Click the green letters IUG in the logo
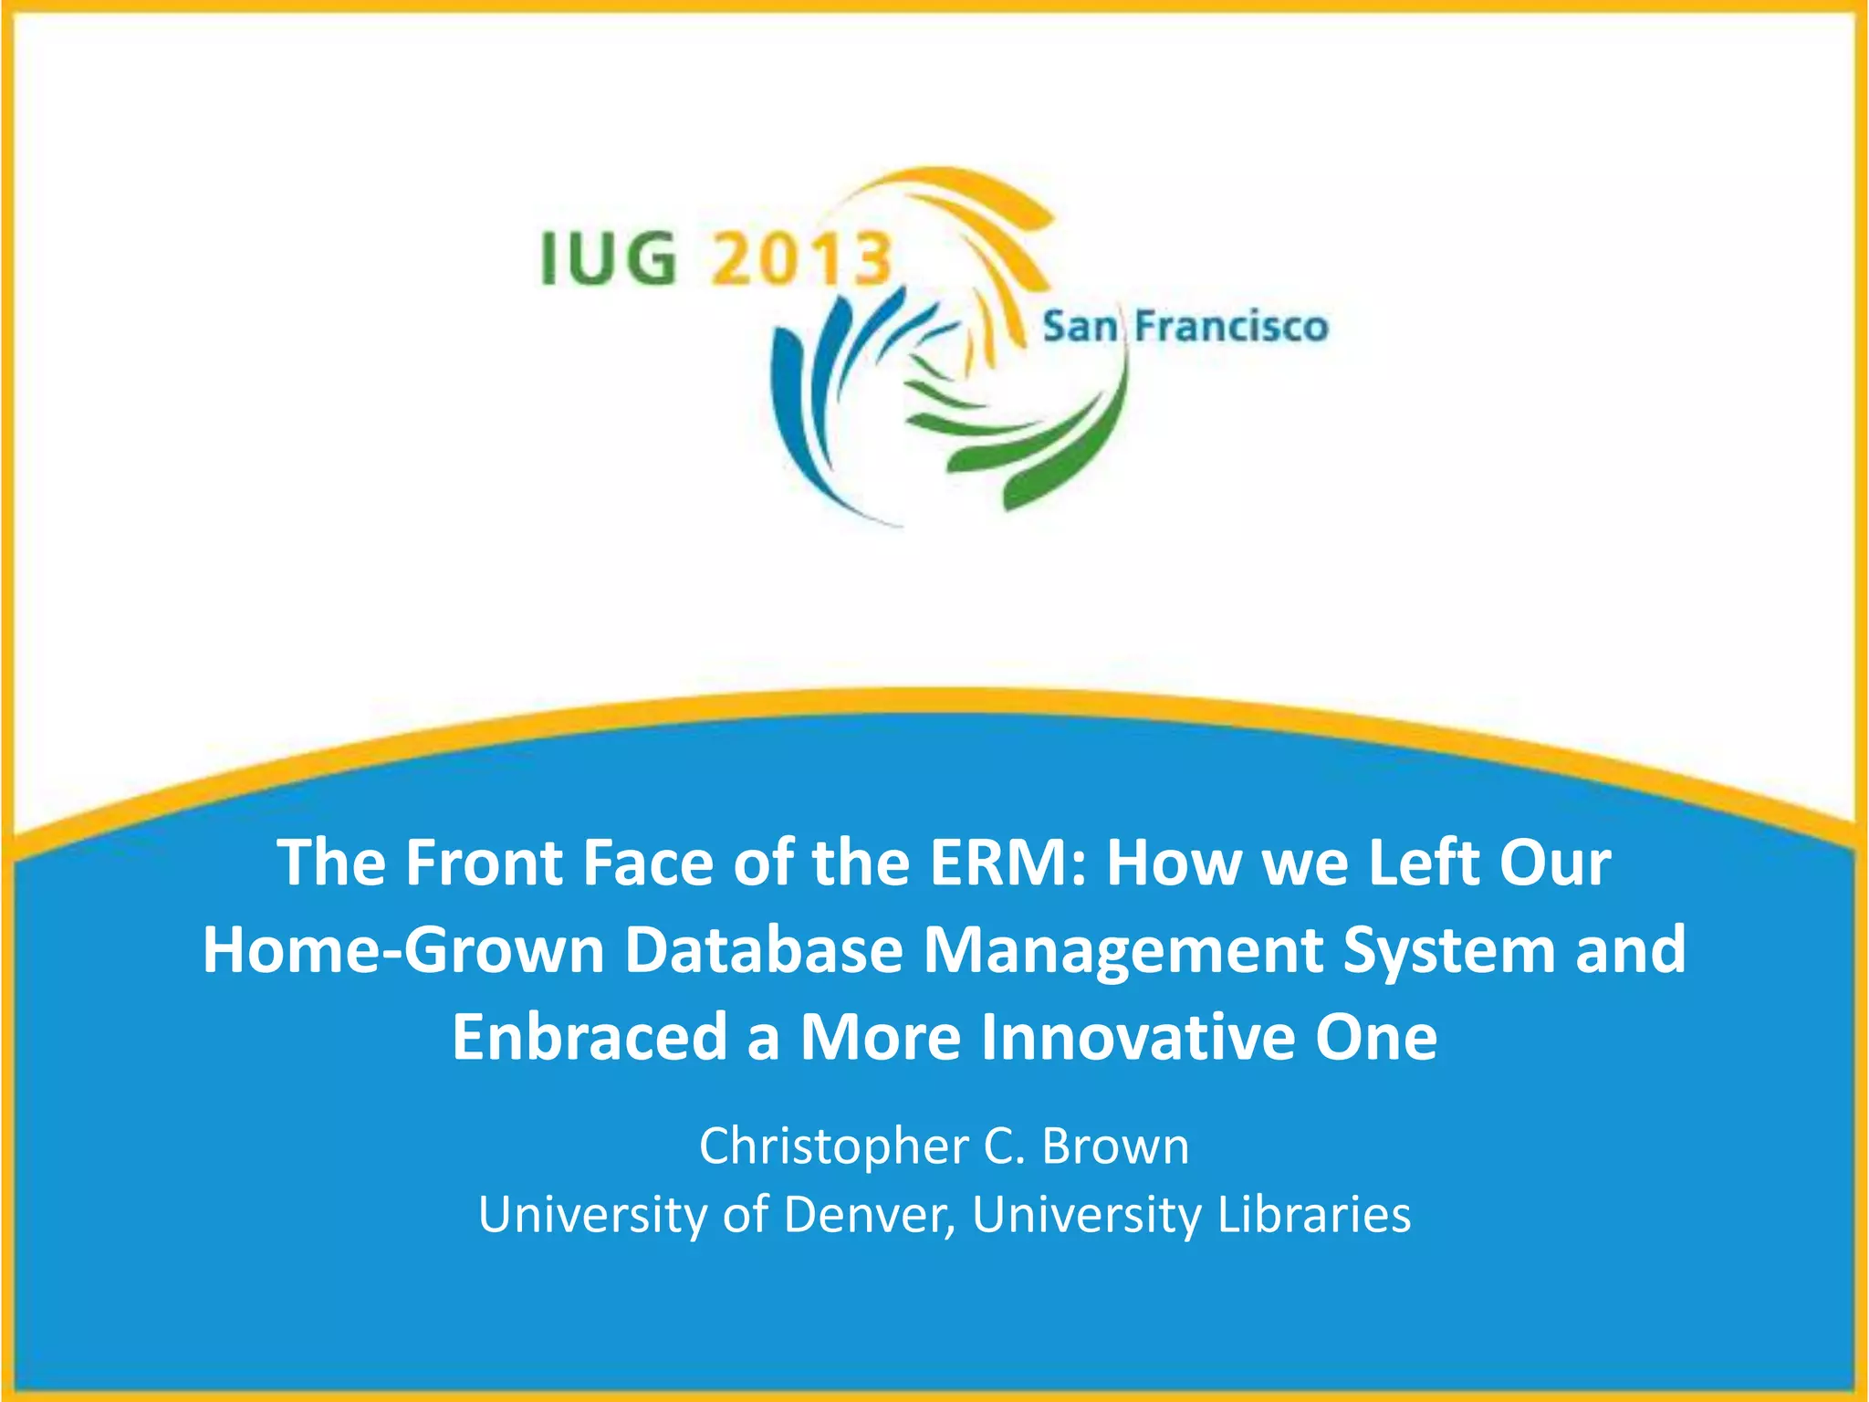(609, 258)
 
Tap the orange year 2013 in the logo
(800, 258)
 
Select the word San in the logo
(1080, 327)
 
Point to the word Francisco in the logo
(1231, 327)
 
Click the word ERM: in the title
(1008, 863)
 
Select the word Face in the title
(647, 863)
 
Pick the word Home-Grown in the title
(403, 950)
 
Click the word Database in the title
(764, 950)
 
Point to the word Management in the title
(1122, 950)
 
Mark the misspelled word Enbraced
(589, 1038)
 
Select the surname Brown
(1115, 1146)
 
